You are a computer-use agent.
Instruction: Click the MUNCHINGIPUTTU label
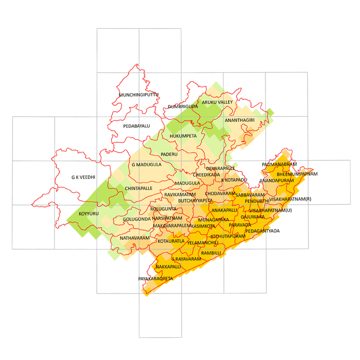pos(139,95)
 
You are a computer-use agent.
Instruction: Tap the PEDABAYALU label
pos(136,126)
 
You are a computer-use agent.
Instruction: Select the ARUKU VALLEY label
pos(217,102)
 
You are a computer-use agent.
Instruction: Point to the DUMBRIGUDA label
pos(183,106)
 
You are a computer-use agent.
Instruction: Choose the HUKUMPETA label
pos(183,136)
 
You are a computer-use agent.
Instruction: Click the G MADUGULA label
pos(147,165)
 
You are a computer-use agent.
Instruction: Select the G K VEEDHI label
pos(83,177)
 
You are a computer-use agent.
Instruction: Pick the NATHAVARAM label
pos(135,238)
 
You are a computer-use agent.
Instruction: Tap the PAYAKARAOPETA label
pos(155,279)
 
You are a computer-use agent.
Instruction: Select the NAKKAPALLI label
pos(168,267)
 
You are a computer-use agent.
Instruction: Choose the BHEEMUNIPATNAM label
pos(297,174)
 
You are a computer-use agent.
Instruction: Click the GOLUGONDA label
pos(136,219)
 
